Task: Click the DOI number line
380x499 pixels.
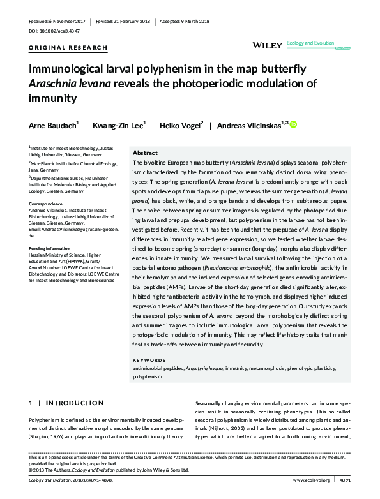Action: pos(53,30)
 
